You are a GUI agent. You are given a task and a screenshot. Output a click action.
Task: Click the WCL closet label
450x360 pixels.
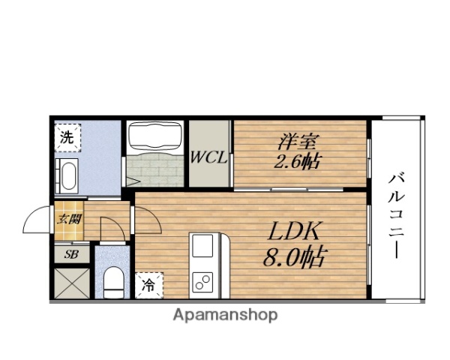tap(209, 157)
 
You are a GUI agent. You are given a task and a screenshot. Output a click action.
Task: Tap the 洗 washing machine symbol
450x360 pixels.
tap(67, 137)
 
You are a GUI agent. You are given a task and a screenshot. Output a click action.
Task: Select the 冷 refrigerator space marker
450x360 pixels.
tap(149, 285)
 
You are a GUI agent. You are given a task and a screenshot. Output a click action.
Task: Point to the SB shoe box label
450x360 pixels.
tap(71, 254)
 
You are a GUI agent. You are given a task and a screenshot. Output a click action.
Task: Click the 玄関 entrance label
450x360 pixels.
tap(69, 220)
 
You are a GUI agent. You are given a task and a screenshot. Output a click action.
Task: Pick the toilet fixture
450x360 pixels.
tap(114, 283)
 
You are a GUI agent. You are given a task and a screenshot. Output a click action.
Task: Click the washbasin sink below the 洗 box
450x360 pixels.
tap(67, 176)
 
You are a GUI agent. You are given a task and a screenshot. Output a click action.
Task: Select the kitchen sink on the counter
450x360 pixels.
tap(202, 245)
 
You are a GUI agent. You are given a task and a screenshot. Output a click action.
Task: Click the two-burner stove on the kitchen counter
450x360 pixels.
tap(202, 282)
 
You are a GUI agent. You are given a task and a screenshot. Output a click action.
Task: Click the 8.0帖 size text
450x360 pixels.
tap(295, 256)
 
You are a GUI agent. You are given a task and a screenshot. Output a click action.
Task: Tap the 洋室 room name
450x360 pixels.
tap(297, 142)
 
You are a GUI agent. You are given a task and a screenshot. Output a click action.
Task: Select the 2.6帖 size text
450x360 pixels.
tap(297, 161)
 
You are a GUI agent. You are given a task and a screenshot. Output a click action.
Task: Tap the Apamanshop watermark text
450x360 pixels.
tap(225, 315)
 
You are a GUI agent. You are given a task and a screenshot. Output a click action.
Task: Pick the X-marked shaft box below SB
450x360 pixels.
tap(72, 283)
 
